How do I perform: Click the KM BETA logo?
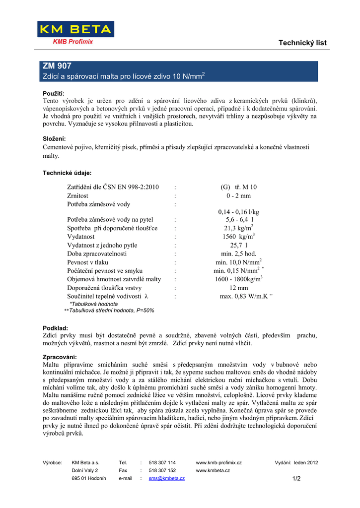pyautogui.click(x=75, y=29)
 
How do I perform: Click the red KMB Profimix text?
pyautogui.click(x=73, y=42)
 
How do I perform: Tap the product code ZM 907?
pyautogui.click(x=57, y=65)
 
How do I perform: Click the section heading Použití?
pyautogui.click(x=54, y=93)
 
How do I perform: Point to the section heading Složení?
pyautogui.click(x=54, y=139)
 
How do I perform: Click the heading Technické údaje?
pyautogui.click(x=67, y=173)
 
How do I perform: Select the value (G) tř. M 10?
pyautogui.click(x=238, y=187)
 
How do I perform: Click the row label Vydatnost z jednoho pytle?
pyautogui.click(x=102, y=245)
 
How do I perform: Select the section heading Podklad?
pyautogui.click(x=56, y=328)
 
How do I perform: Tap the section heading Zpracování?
pyautogui.click(x=60, y=357)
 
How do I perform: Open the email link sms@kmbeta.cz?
pyautogui.click(x=167, y=478)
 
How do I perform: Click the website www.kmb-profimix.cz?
pyautogui.click(x=219, y=462)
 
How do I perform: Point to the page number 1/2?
pyautogui.click(x=297, y=478)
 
